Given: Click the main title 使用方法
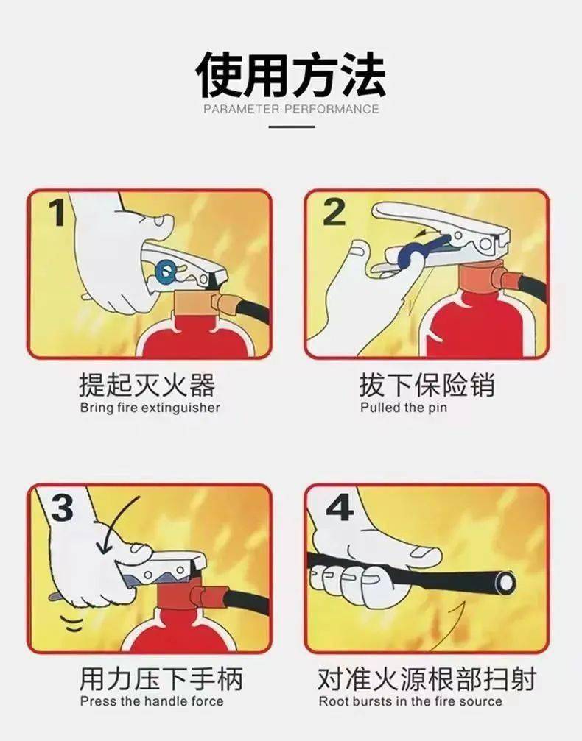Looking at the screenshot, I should click(290, 75).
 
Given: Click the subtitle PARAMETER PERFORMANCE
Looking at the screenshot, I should click(290, 109).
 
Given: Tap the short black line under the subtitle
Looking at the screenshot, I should click(290, 127).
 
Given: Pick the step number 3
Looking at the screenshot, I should click(62, 507).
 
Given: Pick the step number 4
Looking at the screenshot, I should click(339, 507).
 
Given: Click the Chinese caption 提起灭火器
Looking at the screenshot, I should click(147, 385).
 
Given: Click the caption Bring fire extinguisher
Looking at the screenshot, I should click(150, 407).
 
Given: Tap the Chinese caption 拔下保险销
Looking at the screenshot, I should click(427, 385).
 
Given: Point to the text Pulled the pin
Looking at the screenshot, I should click(403, 407).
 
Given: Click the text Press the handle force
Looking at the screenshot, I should click(151, 701).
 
